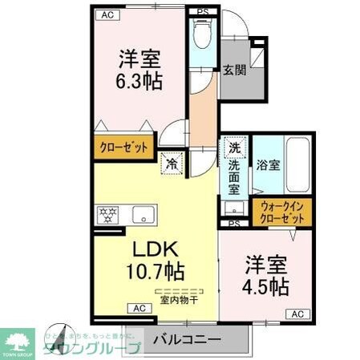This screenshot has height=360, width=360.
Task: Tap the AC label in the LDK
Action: pyautogui.click(x=137, y=308)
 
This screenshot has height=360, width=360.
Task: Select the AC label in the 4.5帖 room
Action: pyautogui.click(x=297, y=313)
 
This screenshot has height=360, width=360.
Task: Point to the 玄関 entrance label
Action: pyautogui.click(x=234, y=70)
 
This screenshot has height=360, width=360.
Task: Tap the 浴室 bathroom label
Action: pyautogui.click(x=268, y=166)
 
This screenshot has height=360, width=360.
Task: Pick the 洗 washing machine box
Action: pyautogui.click(x=234, y=148)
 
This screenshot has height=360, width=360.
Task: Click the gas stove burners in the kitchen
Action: pyautogui.click(x=106, y=215)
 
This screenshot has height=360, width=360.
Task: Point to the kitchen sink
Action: pyautogui.click(x=144, y=215)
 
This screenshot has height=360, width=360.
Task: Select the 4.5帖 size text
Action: pyautogui.click(x=265, y=285)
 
